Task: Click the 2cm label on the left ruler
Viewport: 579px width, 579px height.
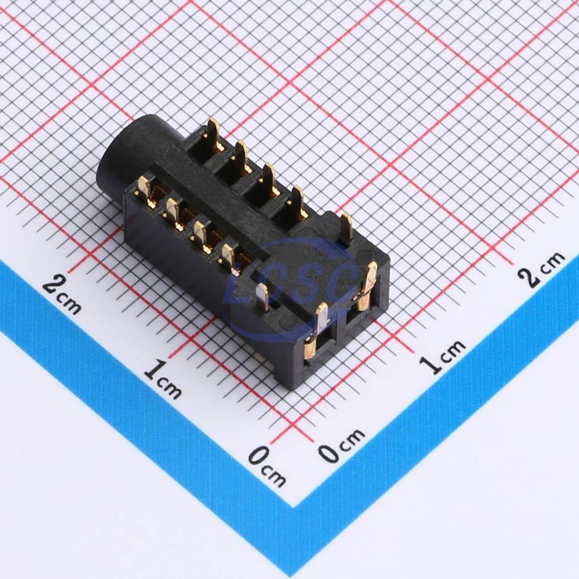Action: (62, 296)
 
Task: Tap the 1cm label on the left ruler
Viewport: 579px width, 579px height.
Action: (163, 380)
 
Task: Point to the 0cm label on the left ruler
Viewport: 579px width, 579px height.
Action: (266, 466)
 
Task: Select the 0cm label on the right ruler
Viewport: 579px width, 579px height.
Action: (342, 446)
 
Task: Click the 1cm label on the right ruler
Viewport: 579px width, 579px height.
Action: (442, 357)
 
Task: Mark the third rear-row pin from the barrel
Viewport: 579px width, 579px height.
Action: (270, 179)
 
